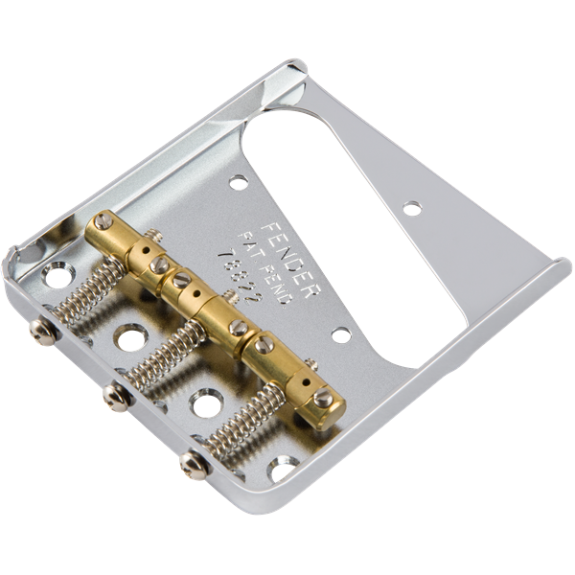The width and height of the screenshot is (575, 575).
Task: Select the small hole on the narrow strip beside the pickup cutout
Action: point(412,207)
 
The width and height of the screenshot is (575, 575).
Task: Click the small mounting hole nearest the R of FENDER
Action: point(340,335)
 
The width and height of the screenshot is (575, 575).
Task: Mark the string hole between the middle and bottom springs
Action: point(203,402)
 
